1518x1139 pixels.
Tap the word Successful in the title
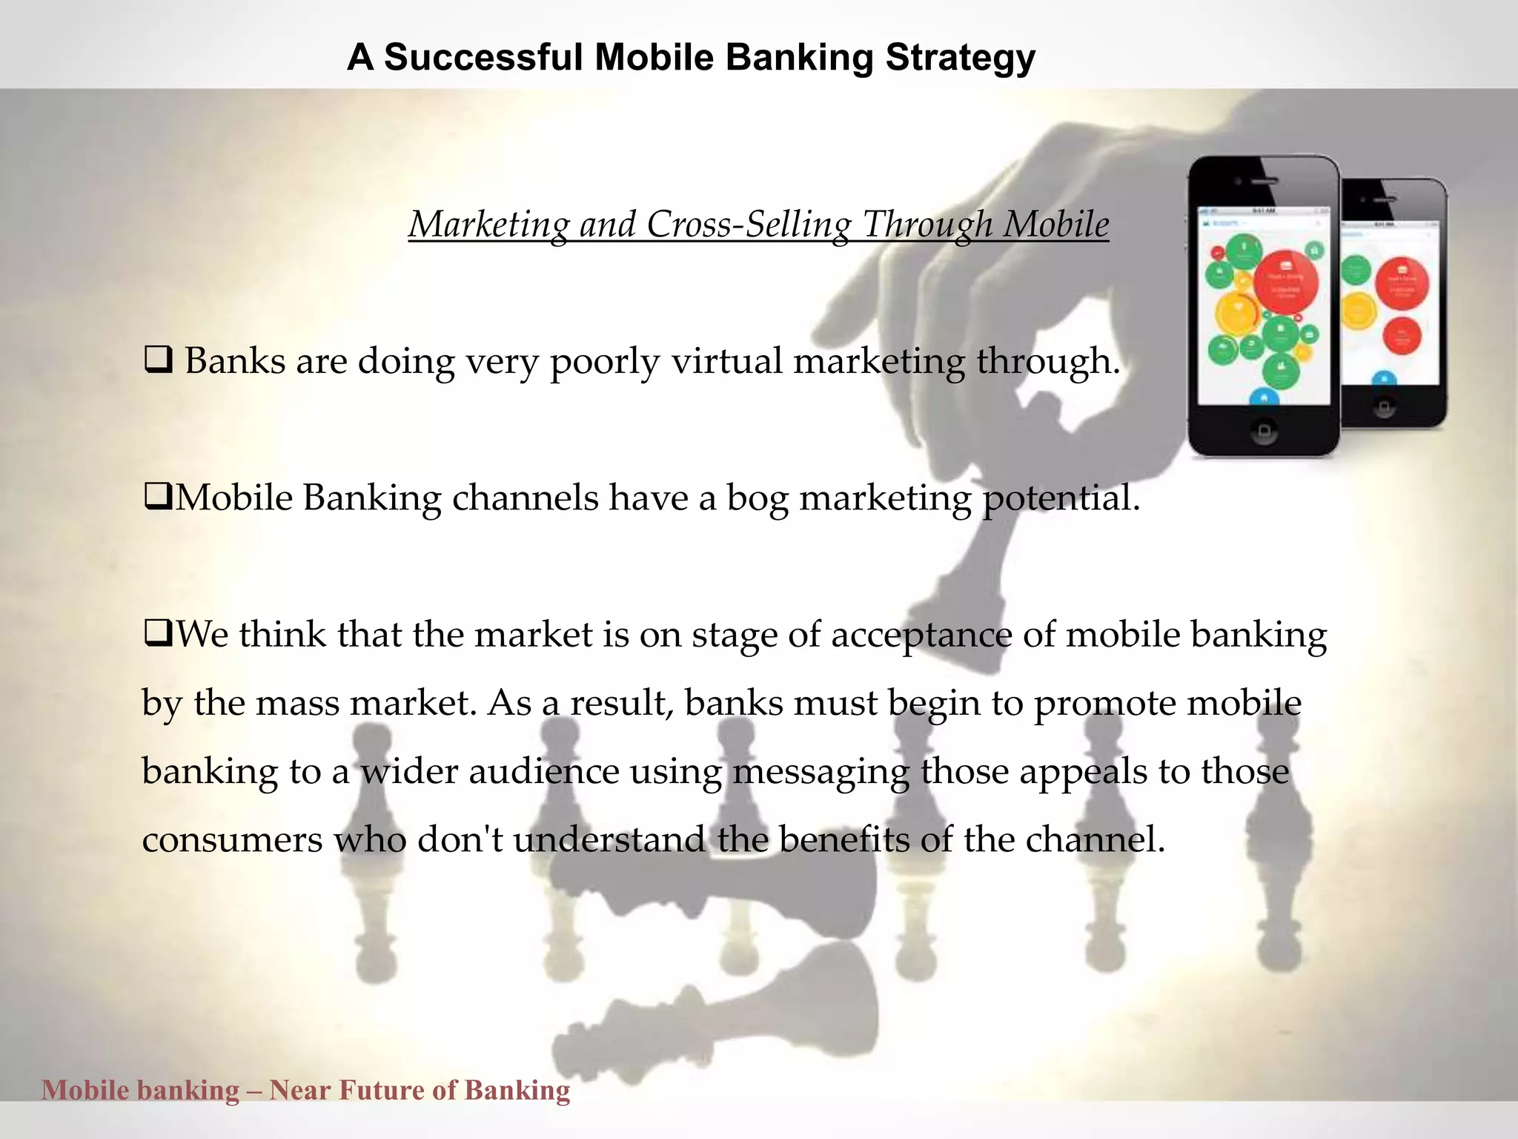(483, 57)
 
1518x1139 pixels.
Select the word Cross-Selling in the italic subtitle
(749, 224)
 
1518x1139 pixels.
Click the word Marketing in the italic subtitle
(488, 224)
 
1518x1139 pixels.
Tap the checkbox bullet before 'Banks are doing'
(158, 360)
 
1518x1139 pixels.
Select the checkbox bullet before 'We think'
(158, 633)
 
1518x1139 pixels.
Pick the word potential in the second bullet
(1060, 498)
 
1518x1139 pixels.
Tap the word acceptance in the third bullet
(921, 635)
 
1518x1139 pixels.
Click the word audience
(543, 771)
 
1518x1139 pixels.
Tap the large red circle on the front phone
(1286, 283)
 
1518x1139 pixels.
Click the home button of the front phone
(1263, 431)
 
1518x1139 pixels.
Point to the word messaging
(821, 772)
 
